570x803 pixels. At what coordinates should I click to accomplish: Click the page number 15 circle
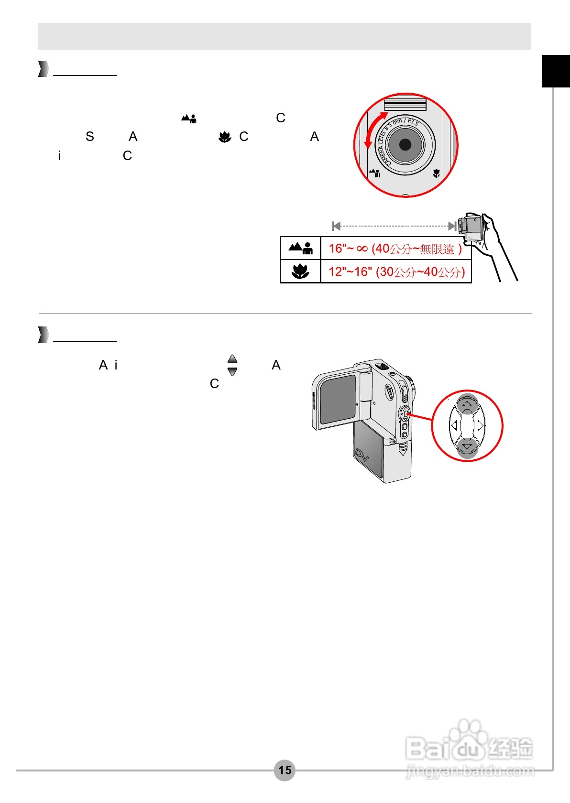click(285, 770)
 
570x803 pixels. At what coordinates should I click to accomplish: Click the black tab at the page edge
click(556, 71)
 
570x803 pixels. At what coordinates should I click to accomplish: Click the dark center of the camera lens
click(405, 144)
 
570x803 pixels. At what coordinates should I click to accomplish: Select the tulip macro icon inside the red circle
click(436, 174)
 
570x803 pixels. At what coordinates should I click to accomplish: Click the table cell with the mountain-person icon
click(300, 248)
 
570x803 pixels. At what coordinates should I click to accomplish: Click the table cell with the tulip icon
click(300, 271)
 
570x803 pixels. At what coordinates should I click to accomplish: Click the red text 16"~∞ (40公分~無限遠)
click(395, 249)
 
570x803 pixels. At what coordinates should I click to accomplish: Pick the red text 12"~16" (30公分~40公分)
click(396, 272)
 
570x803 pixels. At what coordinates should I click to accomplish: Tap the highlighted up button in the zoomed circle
click(467, 404)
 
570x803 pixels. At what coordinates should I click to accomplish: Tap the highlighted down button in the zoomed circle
click(467, 446)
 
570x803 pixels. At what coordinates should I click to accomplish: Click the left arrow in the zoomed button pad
click(454, 425)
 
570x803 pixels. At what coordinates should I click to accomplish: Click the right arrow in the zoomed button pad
click(481, 425)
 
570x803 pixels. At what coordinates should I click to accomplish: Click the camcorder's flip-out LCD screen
click(338, 400)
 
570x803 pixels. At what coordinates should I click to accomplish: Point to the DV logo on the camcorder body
click(362, 455)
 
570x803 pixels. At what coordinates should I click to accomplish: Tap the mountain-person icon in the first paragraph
click(189, 118)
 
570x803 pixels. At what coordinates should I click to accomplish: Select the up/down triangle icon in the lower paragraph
click(232, 365)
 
